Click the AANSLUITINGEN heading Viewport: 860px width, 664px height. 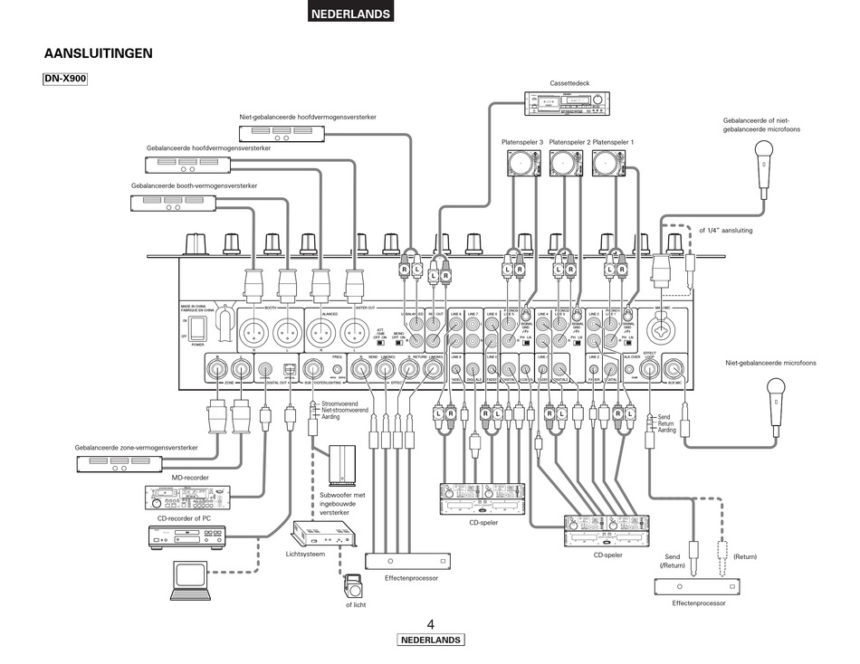tap(98, 53)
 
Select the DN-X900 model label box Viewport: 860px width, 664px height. tap(65, 80)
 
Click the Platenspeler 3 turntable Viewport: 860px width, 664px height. tap(522, 163)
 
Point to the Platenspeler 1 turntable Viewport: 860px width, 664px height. tap(612, 163)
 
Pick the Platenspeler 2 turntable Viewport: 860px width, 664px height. tap(568, 163)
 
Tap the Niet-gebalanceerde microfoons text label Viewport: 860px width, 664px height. tap(770, 363)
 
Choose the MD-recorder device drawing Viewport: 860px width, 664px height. tap(188, 497)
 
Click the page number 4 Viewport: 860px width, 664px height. tap(431, 624)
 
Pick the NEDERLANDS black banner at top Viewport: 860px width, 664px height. tap(350, 14)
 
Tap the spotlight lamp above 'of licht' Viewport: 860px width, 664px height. tap(351, 584)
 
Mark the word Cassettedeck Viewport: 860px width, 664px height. tap(569, 83)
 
